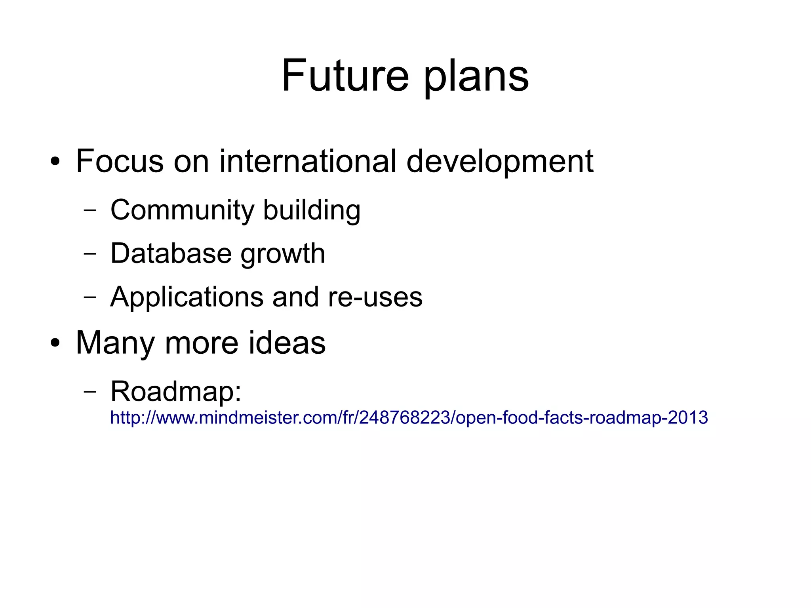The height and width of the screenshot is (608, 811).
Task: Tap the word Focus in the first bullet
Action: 120,161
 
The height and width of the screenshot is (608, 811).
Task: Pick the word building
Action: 312,210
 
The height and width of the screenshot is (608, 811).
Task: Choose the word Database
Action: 171,253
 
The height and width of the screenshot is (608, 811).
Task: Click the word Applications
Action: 187,297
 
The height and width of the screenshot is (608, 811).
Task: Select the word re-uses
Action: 375,297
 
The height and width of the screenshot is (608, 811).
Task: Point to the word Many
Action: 115,343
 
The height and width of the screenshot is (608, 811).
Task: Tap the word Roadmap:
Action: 176,392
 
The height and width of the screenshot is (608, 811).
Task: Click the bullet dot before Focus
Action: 55,162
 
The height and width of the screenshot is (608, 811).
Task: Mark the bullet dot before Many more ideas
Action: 55,344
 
